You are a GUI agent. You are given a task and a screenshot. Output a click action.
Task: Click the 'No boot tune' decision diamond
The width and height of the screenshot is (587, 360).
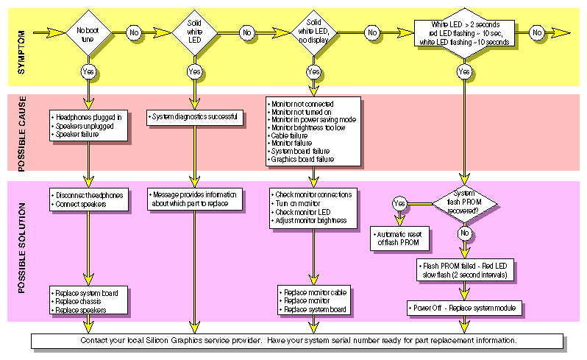(88, 33)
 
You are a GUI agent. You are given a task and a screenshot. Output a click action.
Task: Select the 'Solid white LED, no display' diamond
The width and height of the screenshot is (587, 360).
(313, 33)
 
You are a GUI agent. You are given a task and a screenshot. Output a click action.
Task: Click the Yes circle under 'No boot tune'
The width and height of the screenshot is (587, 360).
(88, 71)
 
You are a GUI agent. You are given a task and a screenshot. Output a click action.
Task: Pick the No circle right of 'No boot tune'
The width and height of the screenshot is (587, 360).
(134, 33)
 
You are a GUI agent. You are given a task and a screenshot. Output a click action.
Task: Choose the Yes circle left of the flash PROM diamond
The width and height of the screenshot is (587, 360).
(399, 202)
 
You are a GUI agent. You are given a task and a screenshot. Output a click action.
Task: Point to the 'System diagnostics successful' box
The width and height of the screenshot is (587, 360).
(195, 116)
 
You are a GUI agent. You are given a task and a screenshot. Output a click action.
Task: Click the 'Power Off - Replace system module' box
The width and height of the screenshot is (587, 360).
(464, 307)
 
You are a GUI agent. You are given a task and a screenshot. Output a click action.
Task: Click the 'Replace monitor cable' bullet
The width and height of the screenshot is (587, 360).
(316, 292)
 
